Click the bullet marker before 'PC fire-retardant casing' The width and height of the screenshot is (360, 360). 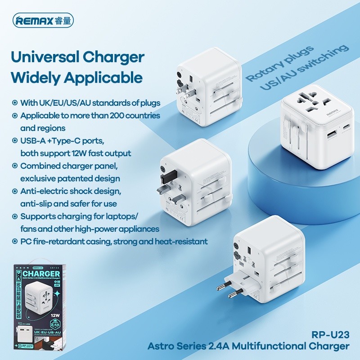[14, 242]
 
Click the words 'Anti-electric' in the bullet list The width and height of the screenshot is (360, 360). [41, 191]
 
